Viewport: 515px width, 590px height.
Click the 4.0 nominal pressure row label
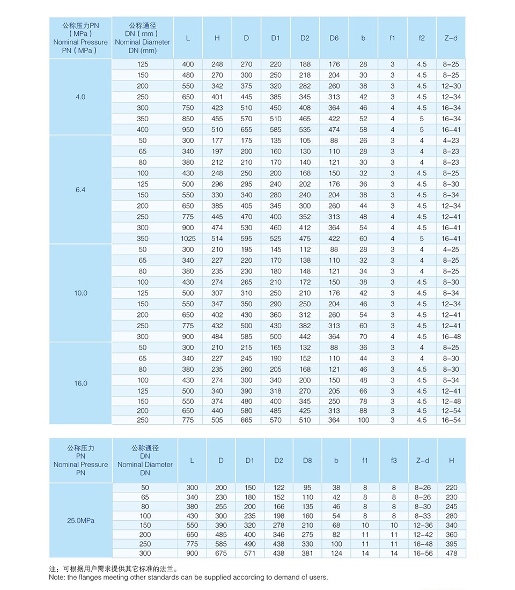[80, 97]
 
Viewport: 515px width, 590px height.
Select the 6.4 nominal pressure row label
[80, 190]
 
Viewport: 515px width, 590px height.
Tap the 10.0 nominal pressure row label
[80, 293]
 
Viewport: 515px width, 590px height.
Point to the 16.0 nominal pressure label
[80, 383]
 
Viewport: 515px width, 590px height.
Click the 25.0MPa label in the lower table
[80, 520]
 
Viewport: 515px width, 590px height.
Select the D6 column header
[334, 38]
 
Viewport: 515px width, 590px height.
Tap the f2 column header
[422, 38]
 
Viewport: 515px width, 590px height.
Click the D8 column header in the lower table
[307, 461]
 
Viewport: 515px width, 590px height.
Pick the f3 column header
[394, 461]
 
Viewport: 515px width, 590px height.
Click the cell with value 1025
[188, 239]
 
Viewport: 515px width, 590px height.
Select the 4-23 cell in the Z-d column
[451, 141]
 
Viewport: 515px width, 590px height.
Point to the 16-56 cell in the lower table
[423, 553]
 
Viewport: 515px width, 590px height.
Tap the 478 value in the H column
[452, 553]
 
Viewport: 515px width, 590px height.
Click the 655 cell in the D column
[246, 130]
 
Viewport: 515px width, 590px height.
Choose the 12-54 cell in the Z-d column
[451, 411]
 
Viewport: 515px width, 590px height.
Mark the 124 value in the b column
[336, 553]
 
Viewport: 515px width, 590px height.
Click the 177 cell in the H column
[217, 141]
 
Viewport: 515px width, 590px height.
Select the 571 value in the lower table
[250, 553]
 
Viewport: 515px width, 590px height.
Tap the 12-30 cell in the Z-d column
[451, 86]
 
